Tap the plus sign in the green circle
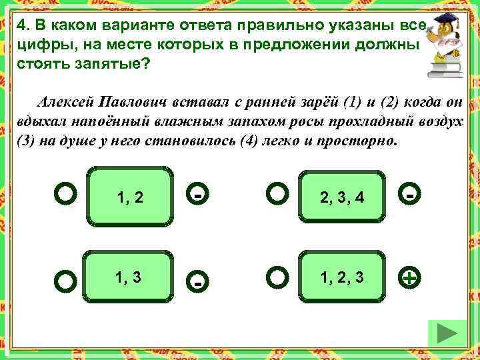pyautogui.click(x=412, y=279)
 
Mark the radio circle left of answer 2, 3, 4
pyautogui.click(x=277, y=194)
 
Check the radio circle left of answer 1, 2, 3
pyautogui.click(x=277, y=276)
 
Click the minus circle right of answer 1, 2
pyautogui.click(x=198, y=195)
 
